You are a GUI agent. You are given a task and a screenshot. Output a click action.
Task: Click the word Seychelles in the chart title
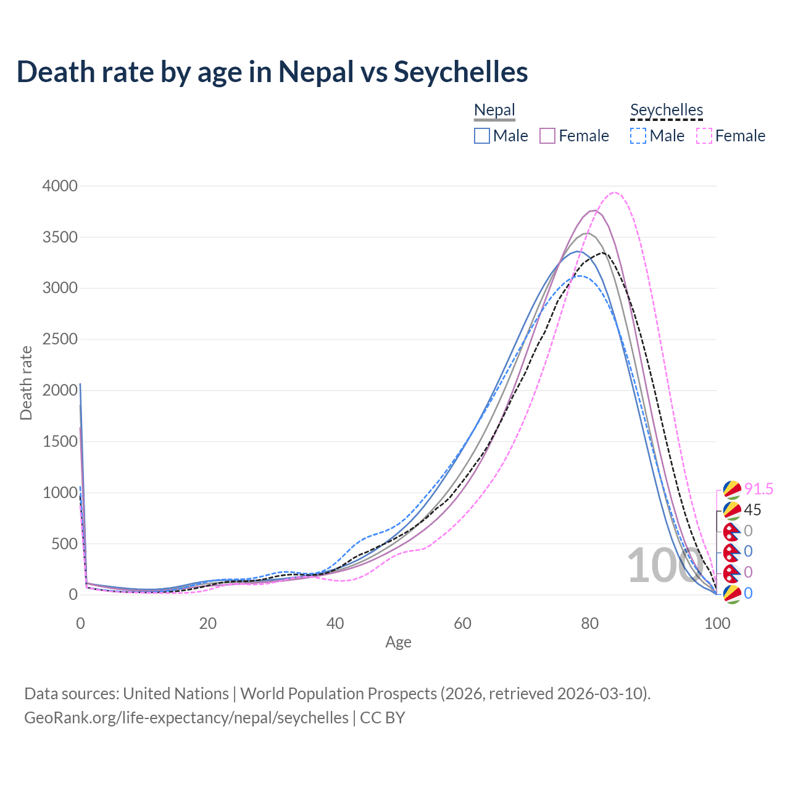460,72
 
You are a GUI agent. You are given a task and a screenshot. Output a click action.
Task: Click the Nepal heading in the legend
494,110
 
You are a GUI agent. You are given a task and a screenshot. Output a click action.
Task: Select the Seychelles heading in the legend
667,110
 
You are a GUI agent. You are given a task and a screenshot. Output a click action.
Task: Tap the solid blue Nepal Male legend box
482,136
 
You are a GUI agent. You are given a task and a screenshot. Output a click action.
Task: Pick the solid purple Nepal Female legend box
547,136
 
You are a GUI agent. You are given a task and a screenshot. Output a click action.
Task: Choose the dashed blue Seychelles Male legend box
638,136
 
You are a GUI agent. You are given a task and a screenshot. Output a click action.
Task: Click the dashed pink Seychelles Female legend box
704,136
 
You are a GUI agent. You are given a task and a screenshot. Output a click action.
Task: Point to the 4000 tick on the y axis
60,186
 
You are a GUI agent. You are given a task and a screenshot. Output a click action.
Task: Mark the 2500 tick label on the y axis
60,339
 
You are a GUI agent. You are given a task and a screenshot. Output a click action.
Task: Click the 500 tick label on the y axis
64,544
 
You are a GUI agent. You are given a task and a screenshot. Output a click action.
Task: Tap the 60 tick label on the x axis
462,623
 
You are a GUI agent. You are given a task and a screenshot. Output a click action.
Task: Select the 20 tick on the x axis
208,623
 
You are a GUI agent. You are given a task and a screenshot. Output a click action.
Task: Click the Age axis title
398,642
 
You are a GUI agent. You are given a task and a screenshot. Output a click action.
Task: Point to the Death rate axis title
26,383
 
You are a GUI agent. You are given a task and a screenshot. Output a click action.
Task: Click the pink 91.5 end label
759,489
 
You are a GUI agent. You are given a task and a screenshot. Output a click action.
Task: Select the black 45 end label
752,510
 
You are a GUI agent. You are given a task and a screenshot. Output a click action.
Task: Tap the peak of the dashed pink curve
614,193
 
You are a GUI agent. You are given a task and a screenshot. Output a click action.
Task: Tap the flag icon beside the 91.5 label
731,489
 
